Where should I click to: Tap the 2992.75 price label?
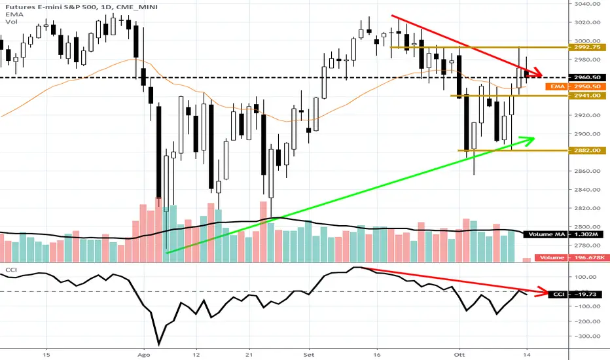(x=581, y=47)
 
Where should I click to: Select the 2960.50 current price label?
(x=581, y=78)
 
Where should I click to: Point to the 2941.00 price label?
(x=581, y=96)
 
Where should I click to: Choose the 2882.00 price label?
(x=581, y=151)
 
